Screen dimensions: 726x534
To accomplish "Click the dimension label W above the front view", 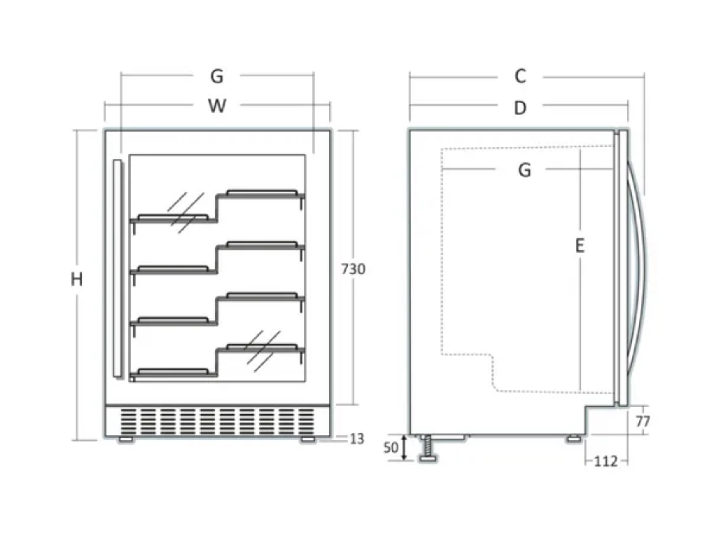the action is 217,106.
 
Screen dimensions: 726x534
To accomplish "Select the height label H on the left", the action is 77,279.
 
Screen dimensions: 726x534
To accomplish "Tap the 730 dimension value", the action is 353,269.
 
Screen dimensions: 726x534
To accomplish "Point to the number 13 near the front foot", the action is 357,439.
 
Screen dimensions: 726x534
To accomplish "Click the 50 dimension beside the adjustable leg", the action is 390,447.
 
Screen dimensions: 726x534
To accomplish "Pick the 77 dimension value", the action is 643,421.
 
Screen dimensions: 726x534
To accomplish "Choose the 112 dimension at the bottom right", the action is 606,461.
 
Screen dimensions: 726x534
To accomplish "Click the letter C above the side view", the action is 520,77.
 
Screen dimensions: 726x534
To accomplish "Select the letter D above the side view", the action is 520,108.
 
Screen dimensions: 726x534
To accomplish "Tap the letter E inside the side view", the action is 580,246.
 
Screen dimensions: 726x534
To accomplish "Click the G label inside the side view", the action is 525,170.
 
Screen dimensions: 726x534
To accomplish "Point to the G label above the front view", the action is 217,77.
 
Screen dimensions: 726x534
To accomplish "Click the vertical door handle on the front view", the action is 118,268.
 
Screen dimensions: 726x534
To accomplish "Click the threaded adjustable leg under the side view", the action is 428,449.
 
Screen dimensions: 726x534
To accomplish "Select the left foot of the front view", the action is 126,440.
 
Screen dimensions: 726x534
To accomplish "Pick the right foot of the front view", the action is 308,440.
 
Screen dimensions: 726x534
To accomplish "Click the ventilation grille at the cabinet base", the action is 218,421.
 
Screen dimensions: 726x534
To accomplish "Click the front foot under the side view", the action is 574,439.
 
